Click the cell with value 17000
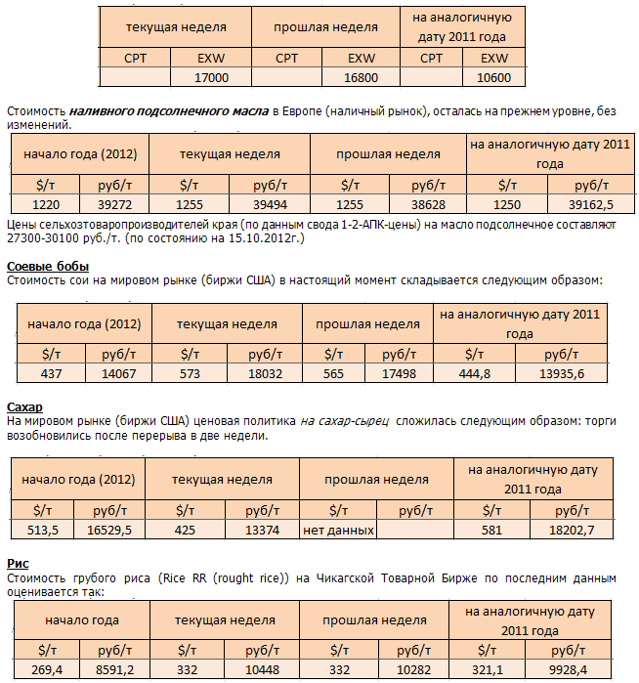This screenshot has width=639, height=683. click(212, 77)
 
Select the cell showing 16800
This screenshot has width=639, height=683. click(362, 77)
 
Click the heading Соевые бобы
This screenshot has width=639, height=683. click(48, 267)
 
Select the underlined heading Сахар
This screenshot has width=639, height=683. click(24, 406)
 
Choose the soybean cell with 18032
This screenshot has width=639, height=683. click(265, 374)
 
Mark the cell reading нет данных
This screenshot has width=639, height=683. click(338, 530)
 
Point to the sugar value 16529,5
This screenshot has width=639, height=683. click(109, 530)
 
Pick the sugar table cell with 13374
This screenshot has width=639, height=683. click(263, 530)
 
